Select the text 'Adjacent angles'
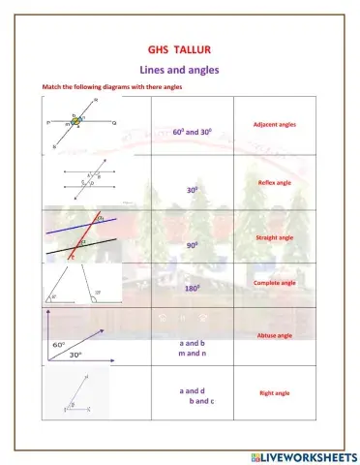pyautogui.click(x=274, y=125)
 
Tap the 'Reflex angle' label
pyautogui.click(x=275, y=182)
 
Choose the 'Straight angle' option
pyautogui.click(x=274, y=236)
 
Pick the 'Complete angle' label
pyautogui.click(x=274, y=283)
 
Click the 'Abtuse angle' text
pyautogui.click(x=274, y=335)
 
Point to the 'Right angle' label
pyautogui.click(x=274, y=393)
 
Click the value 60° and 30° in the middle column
pyautogui.click(x=193, y=131)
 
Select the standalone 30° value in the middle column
pyautogui.click(x=194, y=191)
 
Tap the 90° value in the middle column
pyautogui.click(x=194, y=246)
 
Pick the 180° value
pyautogui.click(x=194, y=289)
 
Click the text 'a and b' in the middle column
pyautogui.click(x=195, y=343)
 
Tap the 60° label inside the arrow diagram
pyautogui.click(x=58, y=345)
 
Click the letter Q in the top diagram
pyautogui.click(x=114, y=124)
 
